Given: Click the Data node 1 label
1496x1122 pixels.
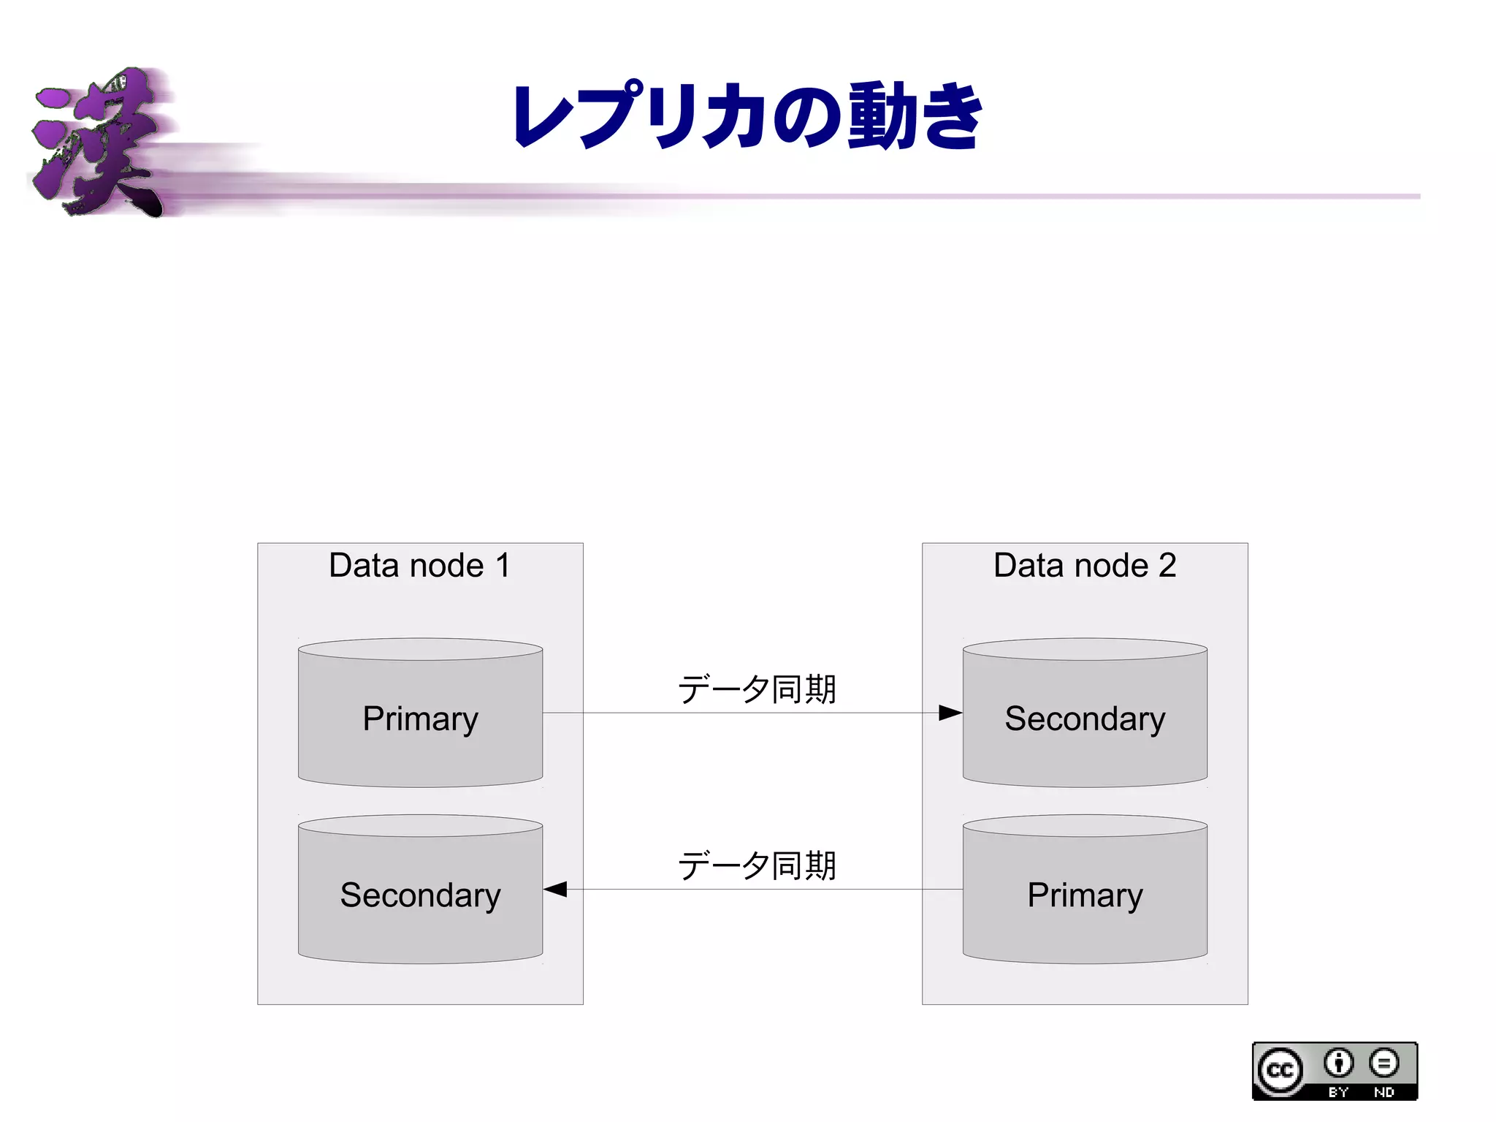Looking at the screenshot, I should tap(419, 566).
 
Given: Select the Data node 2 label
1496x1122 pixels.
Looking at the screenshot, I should tap(1084, 566).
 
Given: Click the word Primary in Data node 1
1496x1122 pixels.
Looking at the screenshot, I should tap(420, 719).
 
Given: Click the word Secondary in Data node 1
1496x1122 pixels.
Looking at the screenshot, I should tap(420, 895).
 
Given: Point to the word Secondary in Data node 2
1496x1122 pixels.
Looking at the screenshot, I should tap(1084, 719).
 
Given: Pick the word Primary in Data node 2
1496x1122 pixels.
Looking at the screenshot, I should tap(1084, 895).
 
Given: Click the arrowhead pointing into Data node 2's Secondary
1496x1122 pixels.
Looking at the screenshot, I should tap(950, 713).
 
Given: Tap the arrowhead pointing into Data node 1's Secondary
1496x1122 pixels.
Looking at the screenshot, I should tap(555, 890).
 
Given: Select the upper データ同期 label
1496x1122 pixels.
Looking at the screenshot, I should tap(757, 689).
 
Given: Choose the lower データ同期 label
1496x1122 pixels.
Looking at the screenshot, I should tap(757, 866).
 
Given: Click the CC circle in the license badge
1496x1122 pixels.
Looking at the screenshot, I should tap(1280, 1070).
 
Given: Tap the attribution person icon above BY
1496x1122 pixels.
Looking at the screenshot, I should tap(1338, 1063).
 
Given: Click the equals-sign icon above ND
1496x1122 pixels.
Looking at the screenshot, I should tap(1384, 1063).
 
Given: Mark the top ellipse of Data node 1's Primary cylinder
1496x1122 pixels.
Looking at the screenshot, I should tap(420, 649).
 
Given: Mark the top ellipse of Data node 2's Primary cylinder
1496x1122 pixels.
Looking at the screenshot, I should tap(1084, 826).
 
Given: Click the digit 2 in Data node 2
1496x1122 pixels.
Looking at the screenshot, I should tap(1167, 566).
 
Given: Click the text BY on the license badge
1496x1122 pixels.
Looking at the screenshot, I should tap(1338, 1092).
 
